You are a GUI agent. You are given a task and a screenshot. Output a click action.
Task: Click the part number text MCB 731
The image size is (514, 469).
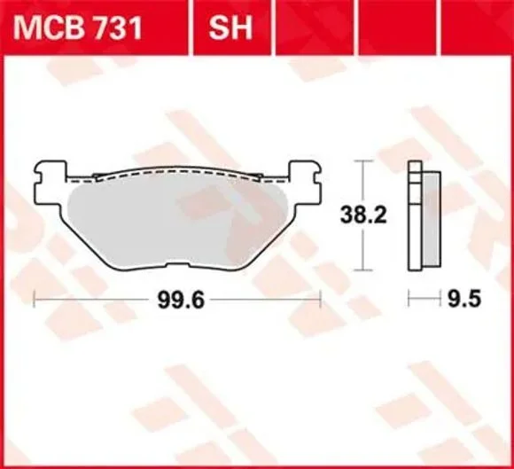[x=78, y=27]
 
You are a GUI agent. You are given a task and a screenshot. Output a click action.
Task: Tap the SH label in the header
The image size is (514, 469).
[x=230, y=27]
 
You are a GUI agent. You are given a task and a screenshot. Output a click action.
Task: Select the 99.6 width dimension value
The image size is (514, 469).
[x=181, y=300]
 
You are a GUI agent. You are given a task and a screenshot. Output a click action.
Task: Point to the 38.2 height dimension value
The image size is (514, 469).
[x=363, y=215]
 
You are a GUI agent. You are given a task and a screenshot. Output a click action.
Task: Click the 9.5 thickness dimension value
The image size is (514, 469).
[x=464, y=299]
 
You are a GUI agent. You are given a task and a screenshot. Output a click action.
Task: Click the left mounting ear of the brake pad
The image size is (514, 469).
[x=50, y=183]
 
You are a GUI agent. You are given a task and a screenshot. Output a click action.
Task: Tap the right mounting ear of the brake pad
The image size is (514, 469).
[x=304, y=183]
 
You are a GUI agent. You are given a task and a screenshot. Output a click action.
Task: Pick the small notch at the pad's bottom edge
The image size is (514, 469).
[x=178, y=264]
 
